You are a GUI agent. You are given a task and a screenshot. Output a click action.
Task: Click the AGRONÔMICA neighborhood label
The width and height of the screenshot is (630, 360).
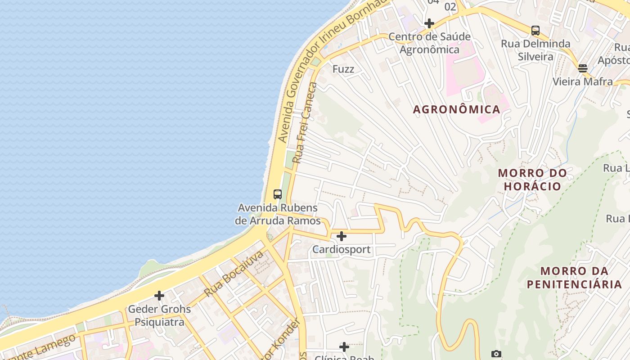tap(456, 109)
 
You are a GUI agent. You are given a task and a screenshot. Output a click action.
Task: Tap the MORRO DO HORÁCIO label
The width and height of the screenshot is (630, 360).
tap(532, 180)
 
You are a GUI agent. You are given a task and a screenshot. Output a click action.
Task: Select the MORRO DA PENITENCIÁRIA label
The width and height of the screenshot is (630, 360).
tap(574, 278)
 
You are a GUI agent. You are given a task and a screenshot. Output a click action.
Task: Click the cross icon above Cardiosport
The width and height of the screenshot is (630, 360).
tap(342, 236)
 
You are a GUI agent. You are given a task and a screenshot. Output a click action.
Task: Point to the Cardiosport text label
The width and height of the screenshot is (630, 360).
tap(342, 249)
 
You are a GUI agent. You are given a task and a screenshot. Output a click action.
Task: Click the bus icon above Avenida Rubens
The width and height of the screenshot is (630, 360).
tap(278, 194)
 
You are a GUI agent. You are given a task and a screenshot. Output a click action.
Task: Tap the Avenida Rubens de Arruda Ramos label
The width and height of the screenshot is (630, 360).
tap(278, 215)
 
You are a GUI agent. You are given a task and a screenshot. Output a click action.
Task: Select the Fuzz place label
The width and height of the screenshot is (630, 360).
tap(343, 69)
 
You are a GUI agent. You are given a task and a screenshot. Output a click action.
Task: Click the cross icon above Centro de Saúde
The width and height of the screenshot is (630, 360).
tap(429, 23)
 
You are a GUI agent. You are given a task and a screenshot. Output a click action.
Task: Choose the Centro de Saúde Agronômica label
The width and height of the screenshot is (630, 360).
tap(429, 43)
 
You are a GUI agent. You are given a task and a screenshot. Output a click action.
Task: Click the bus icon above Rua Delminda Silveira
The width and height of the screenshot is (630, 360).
tap(535, 31)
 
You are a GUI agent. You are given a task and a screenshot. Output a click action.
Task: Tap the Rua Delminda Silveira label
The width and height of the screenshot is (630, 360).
tap(535, 50)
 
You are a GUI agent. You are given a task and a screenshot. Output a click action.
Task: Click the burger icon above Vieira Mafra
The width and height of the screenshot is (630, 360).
tap(583, 68)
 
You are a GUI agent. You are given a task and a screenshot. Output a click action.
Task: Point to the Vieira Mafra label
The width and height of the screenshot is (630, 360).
tap(582, 81)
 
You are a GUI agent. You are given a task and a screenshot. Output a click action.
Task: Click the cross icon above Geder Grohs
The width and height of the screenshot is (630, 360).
tap(159, 296)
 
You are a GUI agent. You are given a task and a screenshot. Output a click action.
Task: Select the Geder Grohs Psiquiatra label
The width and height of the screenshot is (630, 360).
tap(159, 315)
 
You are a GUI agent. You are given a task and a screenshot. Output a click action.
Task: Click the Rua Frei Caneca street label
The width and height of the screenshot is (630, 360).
tap(305, 122)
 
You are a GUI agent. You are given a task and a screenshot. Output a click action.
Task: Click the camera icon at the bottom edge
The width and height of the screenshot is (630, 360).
tap(496, 354)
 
